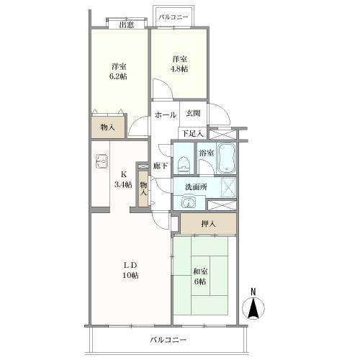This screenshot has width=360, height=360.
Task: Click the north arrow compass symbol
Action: click(253, 308)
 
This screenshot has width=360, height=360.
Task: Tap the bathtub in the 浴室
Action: click(227, 158)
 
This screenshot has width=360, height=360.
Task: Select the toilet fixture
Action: click(184, 164)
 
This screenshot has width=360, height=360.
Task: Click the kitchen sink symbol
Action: click(102, 161)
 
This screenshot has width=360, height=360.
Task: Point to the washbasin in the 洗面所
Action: click(189, 203)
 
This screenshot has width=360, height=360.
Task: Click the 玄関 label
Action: click(193, 113)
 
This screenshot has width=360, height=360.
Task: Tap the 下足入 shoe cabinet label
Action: click(193, 133)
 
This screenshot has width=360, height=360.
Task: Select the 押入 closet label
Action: click(208, 224)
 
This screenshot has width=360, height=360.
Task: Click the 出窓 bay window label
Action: click(127, 24)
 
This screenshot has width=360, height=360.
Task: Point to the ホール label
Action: click(166, 115)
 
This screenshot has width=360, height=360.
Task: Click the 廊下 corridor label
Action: click(161, 166)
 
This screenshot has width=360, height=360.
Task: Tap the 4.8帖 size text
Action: click(179, 69)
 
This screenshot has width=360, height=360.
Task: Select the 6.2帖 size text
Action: click(118, 76)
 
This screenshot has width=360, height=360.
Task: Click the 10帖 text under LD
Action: click(130, 275)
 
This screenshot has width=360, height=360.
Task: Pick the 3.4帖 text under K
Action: click(123, 184)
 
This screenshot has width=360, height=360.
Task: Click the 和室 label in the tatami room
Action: click(200, 271)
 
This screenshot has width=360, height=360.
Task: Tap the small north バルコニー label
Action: click(174, 17)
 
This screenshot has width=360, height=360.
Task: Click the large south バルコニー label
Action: click(168, 340)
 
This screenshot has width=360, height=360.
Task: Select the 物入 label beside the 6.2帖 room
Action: click(107, 127)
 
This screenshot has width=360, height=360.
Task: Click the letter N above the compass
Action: click(253, 292)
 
